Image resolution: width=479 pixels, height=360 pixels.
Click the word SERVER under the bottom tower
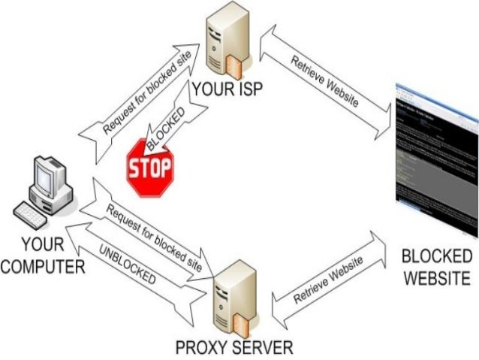[x=262, y=347]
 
